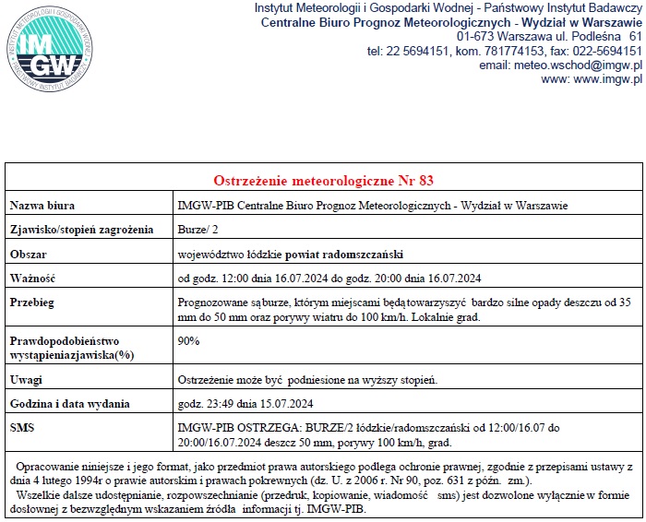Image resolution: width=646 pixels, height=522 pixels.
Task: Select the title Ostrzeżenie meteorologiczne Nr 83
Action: pyautogui.click(x=323, y=179)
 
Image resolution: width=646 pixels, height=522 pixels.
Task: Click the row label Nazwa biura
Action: pyautogui.click(x=42, y=205)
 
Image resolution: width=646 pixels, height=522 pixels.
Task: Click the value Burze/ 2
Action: pyautogui.click(x=195, y=230)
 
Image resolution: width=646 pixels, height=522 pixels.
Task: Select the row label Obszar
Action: pyautogui.click(x=29, y=254)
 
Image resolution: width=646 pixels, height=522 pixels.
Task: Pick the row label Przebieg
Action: pyautogui.click(x=33, y=302)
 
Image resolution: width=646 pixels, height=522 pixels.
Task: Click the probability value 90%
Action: pyautogui.click(x=188, y=340)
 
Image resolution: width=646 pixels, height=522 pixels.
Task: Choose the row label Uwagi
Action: pyautogui.click(x=26, y=379)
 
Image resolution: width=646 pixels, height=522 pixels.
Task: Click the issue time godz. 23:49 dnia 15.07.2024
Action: pyautogui.click(x=245, y=403)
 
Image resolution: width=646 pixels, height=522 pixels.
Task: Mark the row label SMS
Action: pyautogui.click(x=21, y=428)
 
